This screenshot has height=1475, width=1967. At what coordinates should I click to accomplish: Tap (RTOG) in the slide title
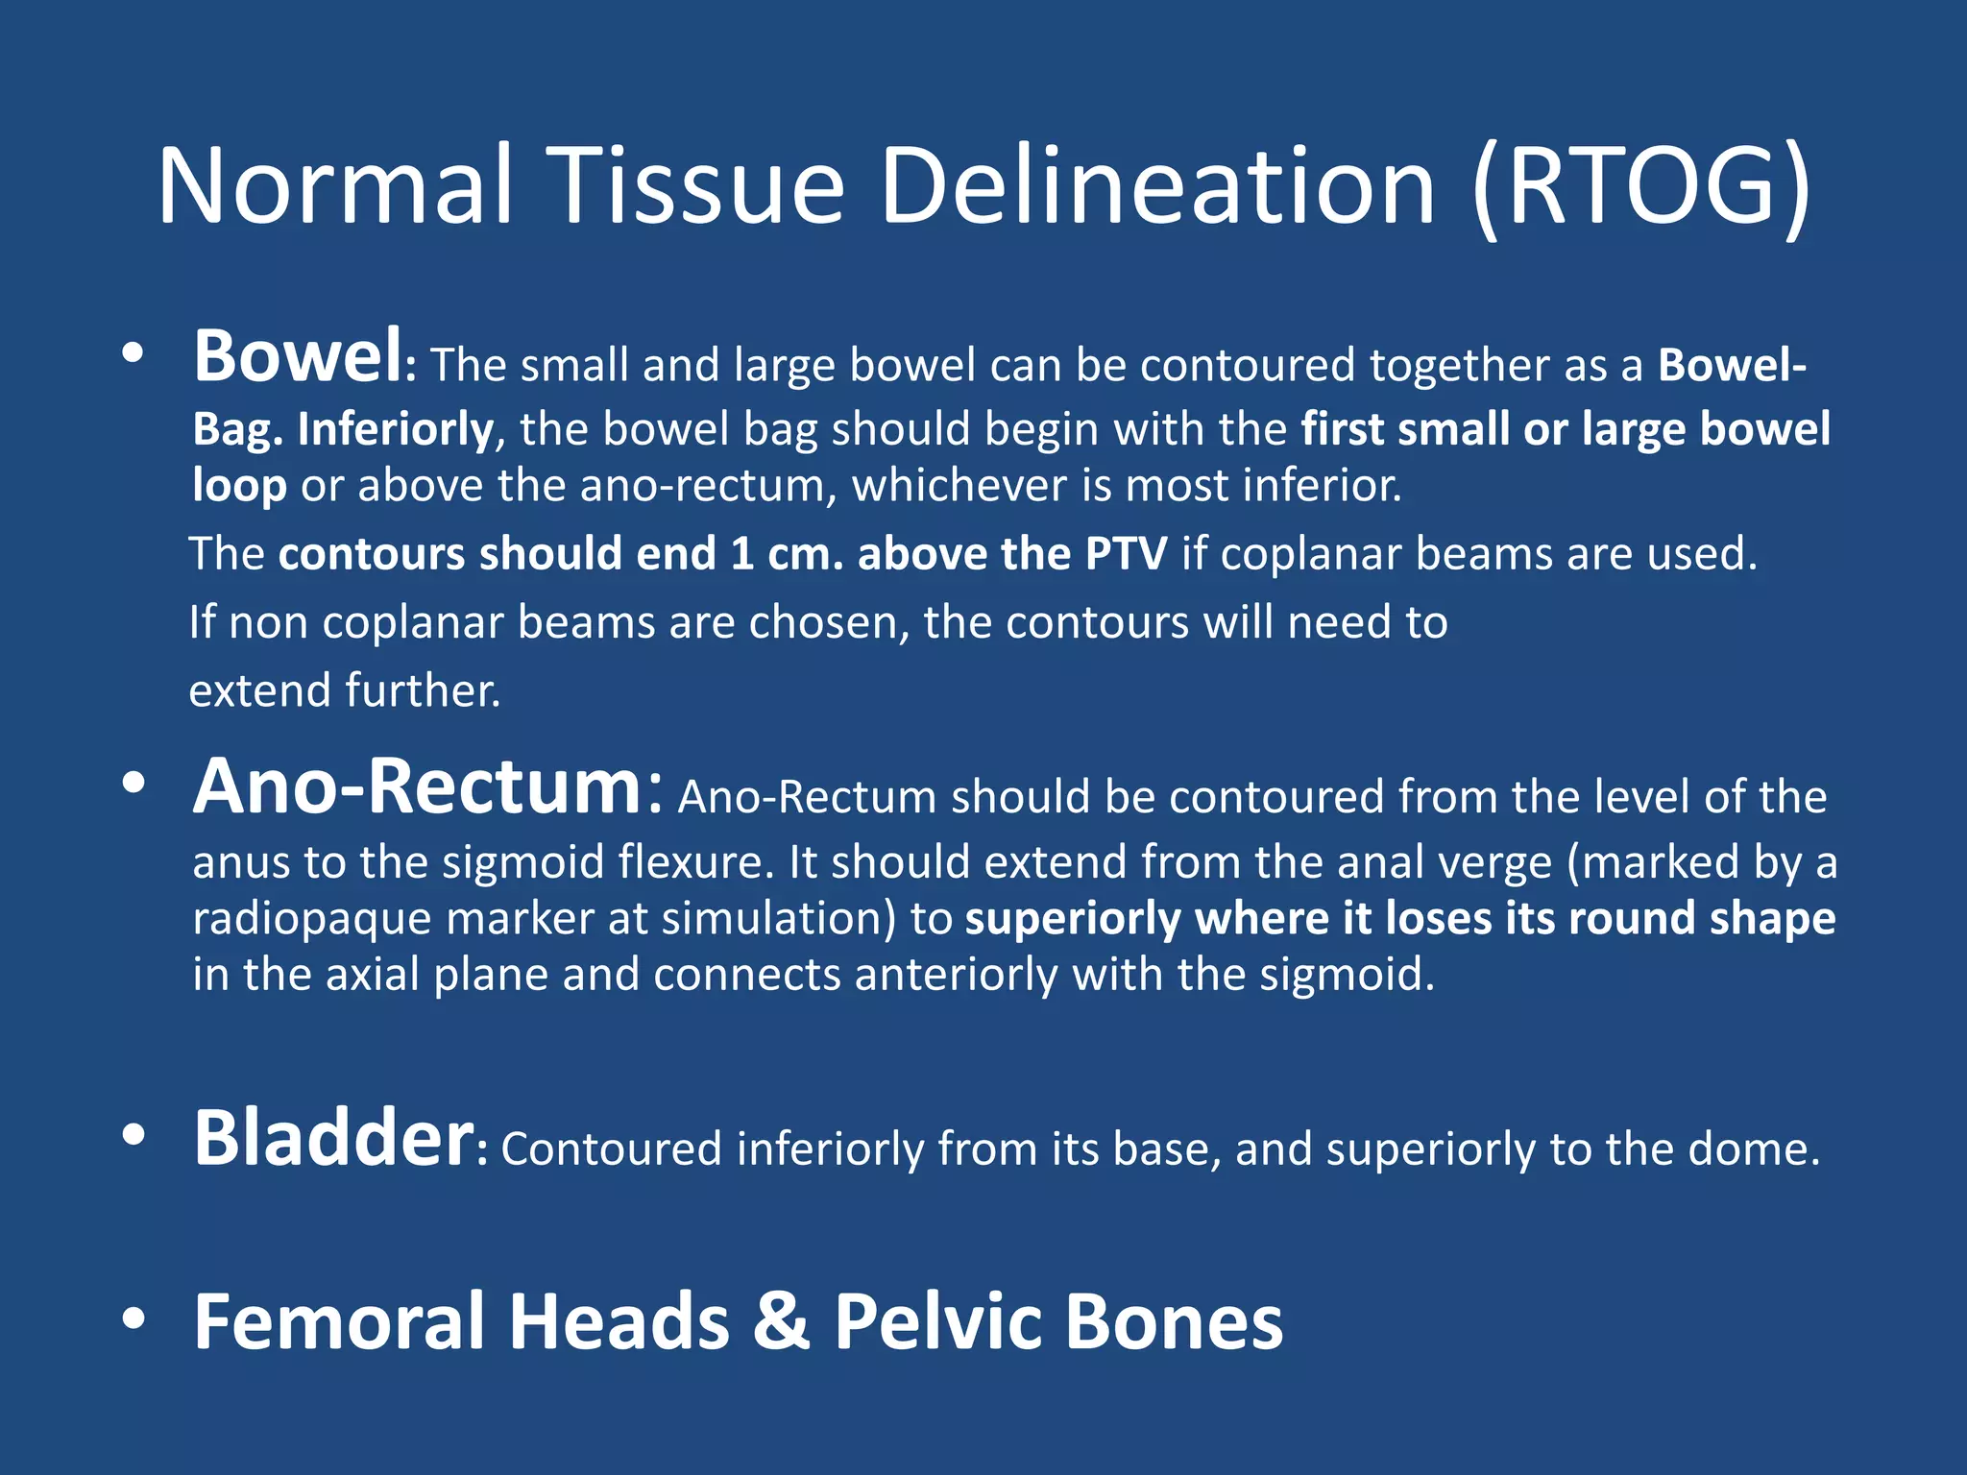coord(1640,186)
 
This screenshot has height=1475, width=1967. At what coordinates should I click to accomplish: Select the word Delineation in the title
coord(1157,186)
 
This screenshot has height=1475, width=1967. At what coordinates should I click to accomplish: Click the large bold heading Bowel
coord(298,357)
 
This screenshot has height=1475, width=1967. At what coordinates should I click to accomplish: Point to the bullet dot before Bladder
coord(134,1136)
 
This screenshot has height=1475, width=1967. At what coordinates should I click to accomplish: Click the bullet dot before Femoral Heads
coord(134,1319)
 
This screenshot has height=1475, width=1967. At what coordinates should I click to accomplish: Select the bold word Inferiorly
coord(396,429)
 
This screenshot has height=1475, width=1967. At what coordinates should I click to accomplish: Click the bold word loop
coord(239,485)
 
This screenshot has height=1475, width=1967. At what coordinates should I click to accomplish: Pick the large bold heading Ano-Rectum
coord(418,787)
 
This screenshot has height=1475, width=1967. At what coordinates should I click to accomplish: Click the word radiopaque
coord(311,918)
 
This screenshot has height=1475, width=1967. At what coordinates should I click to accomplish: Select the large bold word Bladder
coord(333,1139)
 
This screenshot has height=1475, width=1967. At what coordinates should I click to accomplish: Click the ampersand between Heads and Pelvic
coord(781,1322)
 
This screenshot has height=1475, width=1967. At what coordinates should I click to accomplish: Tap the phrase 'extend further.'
coord(345,691)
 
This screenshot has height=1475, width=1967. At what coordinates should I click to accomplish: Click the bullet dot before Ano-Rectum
coord(134,784)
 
